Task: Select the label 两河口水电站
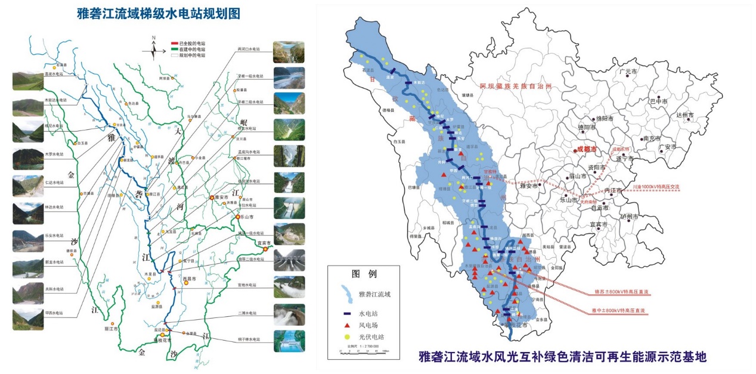(x=250, y=49)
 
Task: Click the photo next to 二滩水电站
(x=289, y=314)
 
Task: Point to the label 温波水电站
(x=54, y=74)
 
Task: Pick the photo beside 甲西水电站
(x=28, y=319)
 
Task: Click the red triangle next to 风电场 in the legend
(x=348, y=325)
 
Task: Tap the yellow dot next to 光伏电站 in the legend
(x=348, y=338)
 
